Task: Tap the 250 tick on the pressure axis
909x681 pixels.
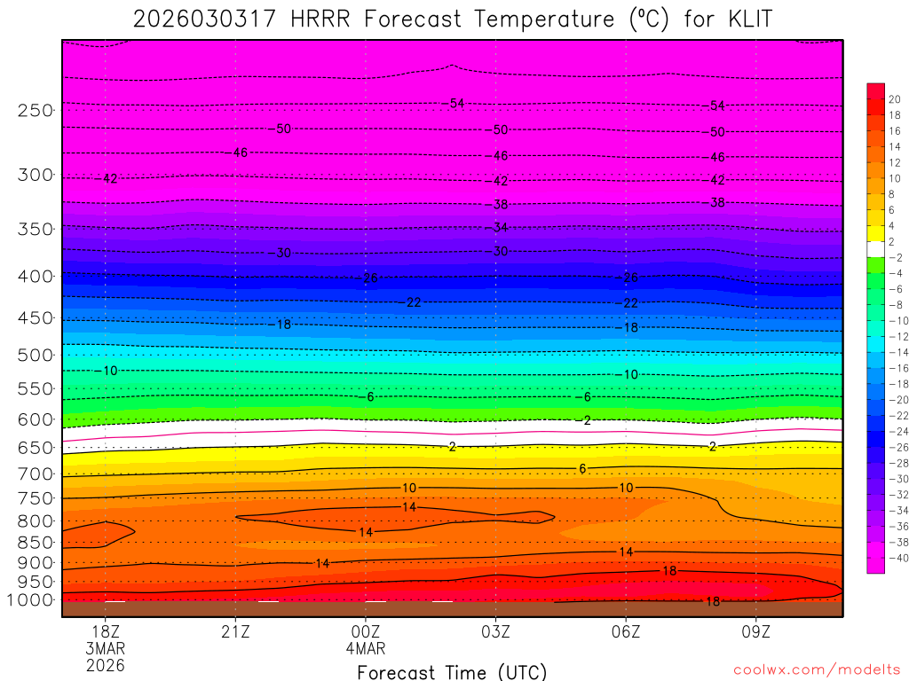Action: tap(36, 110)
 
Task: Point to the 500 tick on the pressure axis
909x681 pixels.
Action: tap(36, 355)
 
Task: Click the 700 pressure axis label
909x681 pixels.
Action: tap(36, 474)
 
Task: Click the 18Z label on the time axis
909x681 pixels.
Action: tap(106, 631)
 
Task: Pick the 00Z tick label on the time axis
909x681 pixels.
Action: tap(366, 631)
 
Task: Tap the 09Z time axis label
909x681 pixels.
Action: tap(756, 631)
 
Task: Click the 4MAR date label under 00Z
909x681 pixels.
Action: tap(366, 648)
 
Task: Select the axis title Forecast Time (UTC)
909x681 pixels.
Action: tap(452, 671)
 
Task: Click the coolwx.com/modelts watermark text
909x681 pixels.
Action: tap(817, 669)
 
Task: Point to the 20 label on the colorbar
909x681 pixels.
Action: tap(895, 98)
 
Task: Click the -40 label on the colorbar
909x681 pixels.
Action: tap(895, 558)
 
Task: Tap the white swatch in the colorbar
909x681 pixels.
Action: tap(876, 248)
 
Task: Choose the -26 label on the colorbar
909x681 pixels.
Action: tap(895, 448)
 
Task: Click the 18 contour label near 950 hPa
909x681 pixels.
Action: tap(669, 571)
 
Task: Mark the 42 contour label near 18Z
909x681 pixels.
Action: tap(110, 178)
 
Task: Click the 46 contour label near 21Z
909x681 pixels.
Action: tap(240, 153)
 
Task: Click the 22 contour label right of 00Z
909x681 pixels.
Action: tap(414, 302)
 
